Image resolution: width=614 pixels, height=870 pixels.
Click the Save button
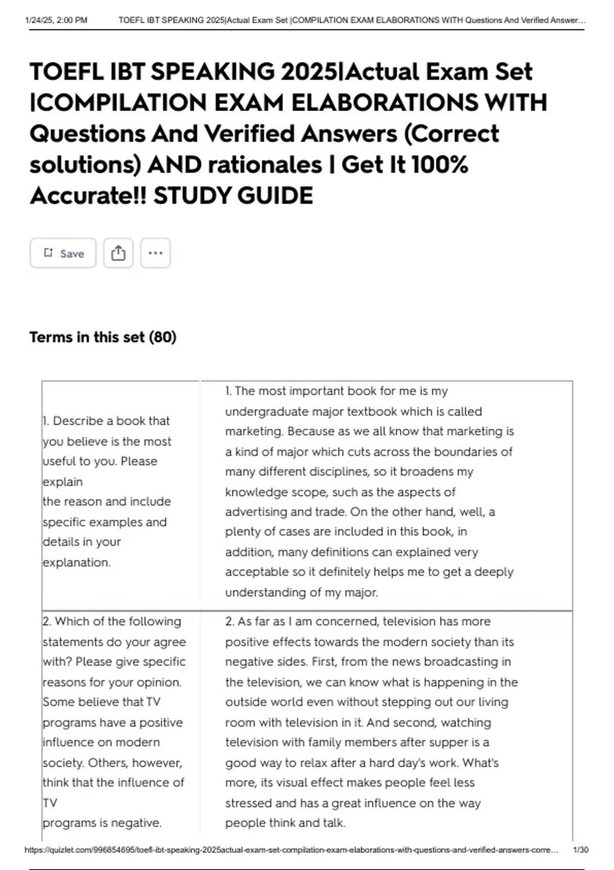tap(63, 253)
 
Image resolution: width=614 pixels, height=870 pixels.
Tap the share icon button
tap(118, 253)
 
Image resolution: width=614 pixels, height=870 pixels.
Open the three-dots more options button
tap(155, 253)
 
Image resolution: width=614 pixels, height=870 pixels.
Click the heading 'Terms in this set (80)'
tap(103, 337)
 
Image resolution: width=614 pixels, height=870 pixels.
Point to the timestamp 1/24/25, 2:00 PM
tap(56, 20)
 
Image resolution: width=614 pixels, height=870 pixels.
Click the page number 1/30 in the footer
tap(581, 850)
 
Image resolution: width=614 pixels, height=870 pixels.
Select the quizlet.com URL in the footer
tap(292, 850)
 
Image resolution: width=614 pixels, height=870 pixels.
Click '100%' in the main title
tap(440, 165)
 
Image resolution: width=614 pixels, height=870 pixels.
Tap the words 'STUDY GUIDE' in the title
tap(233, 196)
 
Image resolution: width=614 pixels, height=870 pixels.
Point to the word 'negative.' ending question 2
tap(137, 823)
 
